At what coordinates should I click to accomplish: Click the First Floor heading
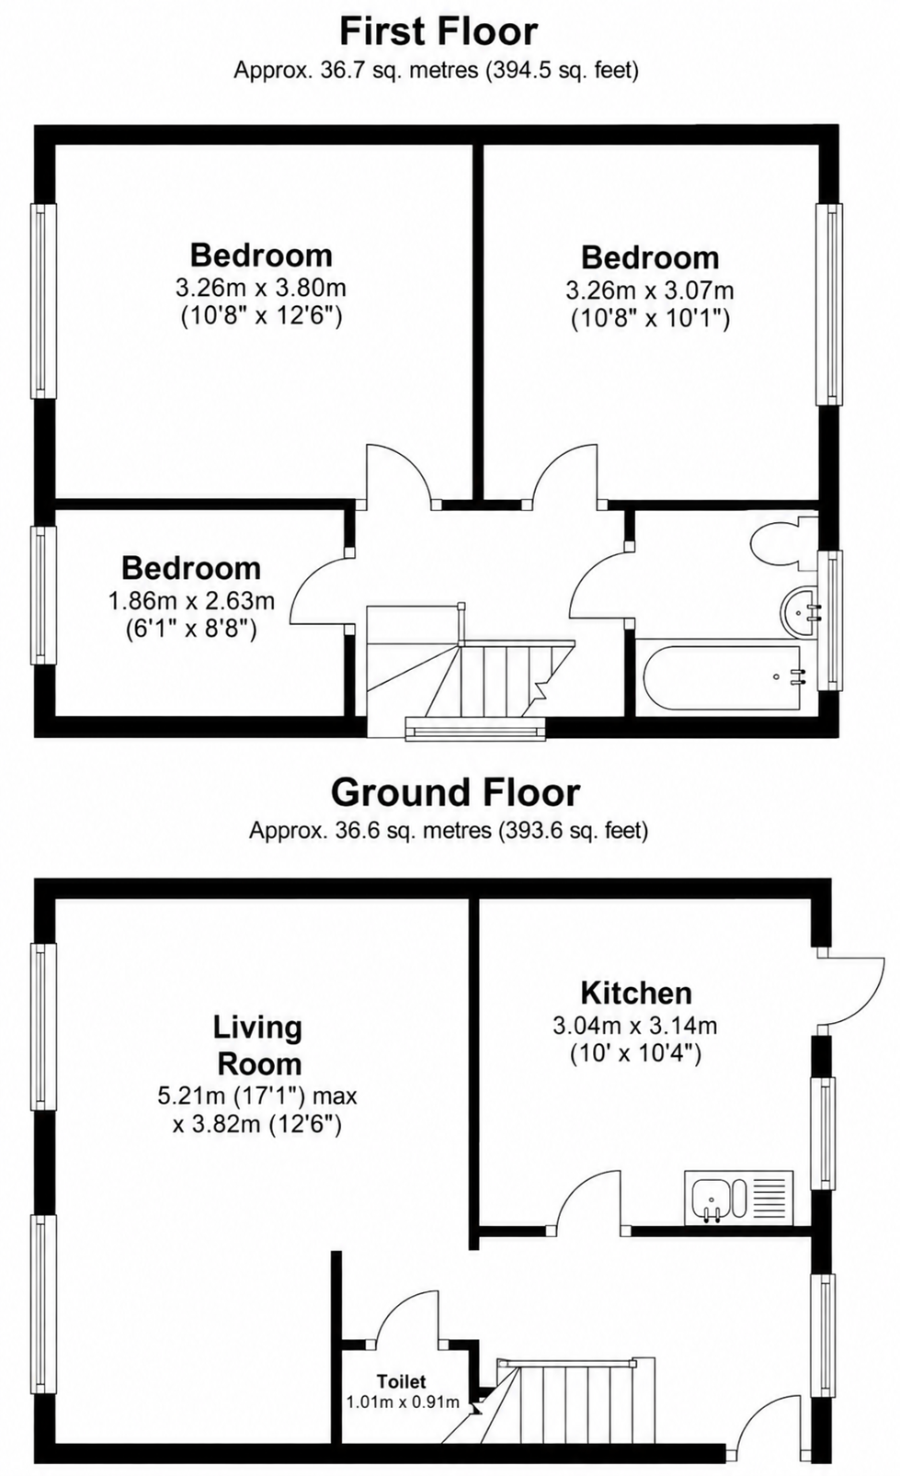[x=439, y=32]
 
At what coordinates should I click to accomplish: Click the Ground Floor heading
[x=455, y=792]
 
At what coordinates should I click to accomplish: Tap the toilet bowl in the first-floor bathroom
[x=783, y=544]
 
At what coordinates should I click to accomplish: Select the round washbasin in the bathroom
[x=800, y=612]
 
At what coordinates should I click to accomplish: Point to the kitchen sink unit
[x=738, y=1198]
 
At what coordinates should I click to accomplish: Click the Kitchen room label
[x=636, y=993]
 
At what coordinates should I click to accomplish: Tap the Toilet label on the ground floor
[x=402, y=1381]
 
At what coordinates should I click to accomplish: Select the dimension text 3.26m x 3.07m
[x=650, y=290]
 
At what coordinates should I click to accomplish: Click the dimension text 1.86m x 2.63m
[x=191, y=600]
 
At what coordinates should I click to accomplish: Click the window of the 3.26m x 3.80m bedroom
[x=43, y=301]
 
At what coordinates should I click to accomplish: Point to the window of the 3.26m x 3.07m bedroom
[x=829, y=304]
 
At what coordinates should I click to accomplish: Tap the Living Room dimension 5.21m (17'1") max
[x=257, y=1096]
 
